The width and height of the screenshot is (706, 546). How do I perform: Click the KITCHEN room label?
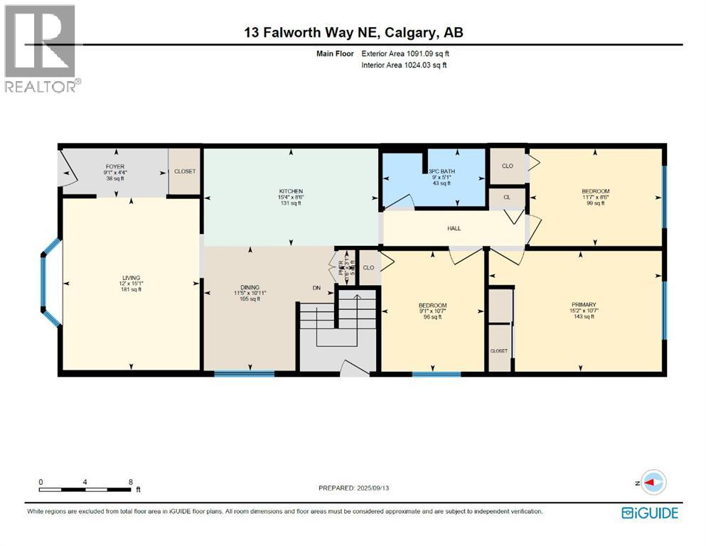click(291, 191)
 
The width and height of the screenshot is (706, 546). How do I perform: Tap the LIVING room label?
click(131, 278)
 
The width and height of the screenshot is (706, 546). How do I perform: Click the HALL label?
click(454, 228)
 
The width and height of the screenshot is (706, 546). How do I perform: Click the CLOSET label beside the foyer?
click(185, 171)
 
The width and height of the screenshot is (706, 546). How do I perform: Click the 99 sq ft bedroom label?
click(595, 192)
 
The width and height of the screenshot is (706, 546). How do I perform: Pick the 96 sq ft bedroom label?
click(432, 306)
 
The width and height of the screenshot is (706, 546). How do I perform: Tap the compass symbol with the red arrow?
click(653, 482)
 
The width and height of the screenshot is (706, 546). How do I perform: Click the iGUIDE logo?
click(649, 513)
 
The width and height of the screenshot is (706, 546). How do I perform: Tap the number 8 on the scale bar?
click(130, 482)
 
